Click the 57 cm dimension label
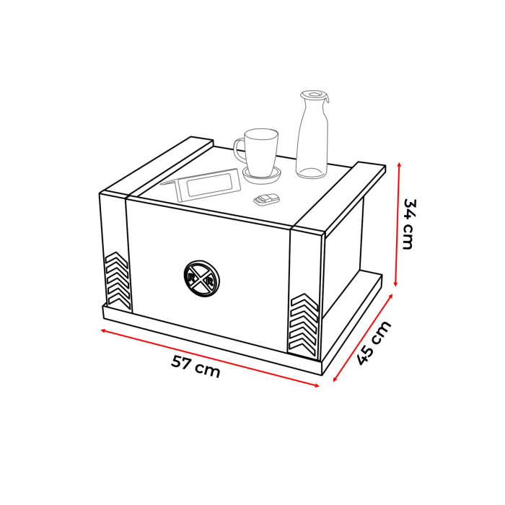coord(196,366)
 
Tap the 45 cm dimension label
coord(374,343)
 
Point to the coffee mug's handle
coord(238,150)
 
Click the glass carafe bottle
coord(312,135)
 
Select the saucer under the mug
coord(262,175)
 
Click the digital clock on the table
coord(201,185)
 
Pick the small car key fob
coord(266,200)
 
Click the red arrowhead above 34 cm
coord(400,164)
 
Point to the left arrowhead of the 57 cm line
coord(104,330)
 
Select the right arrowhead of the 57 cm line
coord(317,385)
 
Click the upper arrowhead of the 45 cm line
coord(390,296)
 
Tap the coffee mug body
coord(260,152)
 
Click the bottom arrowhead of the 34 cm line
coord(396,284)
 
